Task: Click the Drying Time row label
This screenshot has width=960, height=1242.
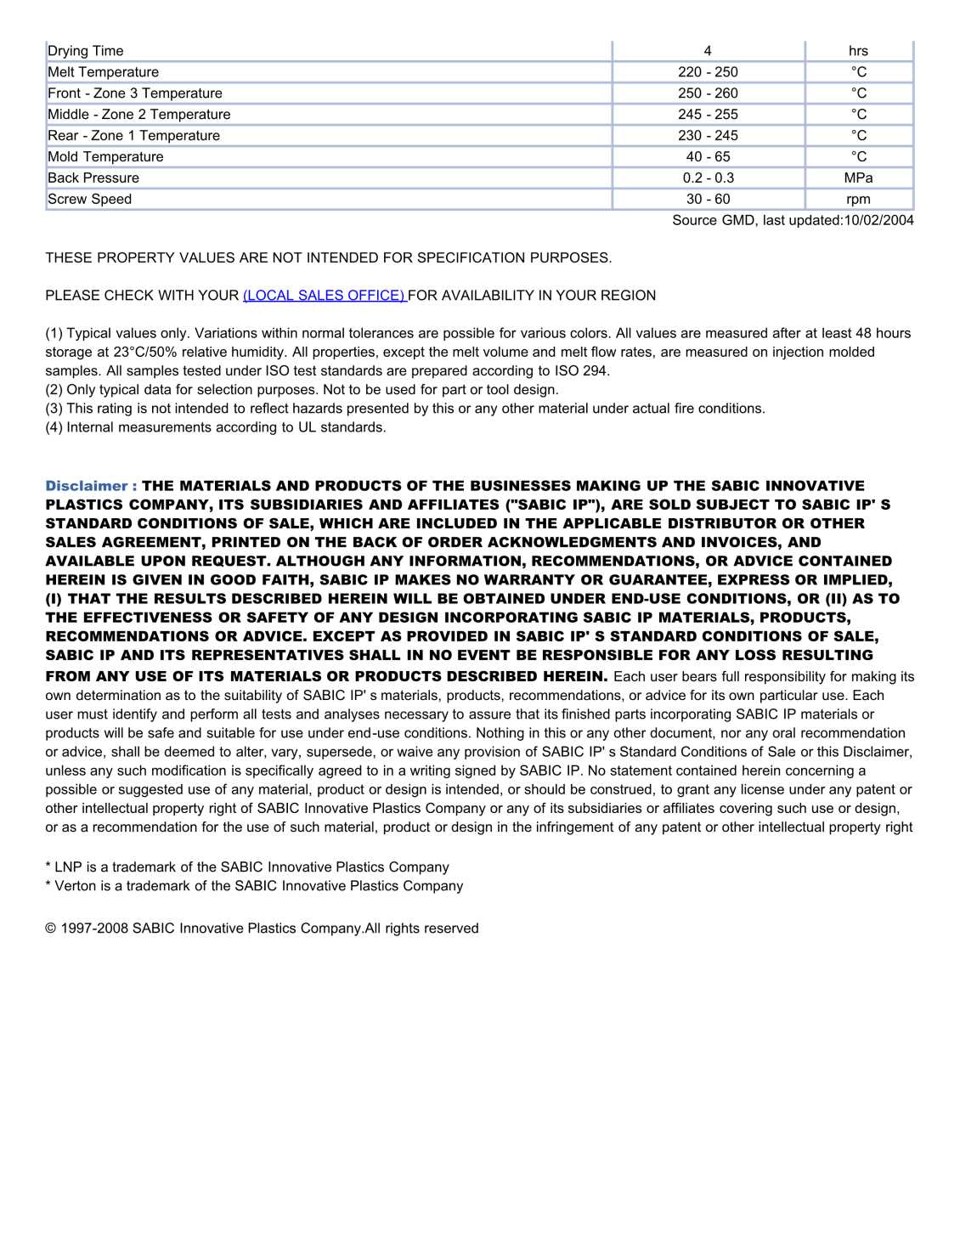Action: pyautogui.click(x=86, y=51)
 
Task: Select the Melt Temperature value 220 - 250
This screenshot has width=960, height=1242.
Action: pyautogui.click(x=708, y=72)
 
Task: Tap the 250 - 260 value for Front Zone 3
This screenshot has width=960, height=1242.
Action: pyautogui.click(x=708, y=93)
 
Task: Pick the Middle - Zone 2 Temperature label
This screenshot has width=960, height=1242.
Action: pyautogui.click(x=139, y=115)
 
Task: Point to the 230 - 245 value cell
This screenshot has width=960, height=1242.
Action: pyautogui.click(x=708, y=136)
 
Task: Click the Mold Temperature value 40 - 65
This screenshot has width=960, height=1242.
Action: pyautogui.click(x=708, y=157)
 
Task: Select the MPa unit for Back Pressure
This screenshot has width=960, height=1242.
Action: pyautogui.click(x=858, y=178)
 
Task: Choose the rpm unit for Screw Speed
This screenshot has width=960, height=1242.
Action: pyautogui.click(x=858, y=200)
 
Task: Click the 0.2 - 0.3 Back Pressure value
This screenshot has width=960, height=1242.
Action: pyautogui.click(x=708, y=178)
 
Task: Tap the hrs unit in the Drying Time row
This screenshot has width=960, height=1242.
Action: pyautogui.click(x=858, y=51)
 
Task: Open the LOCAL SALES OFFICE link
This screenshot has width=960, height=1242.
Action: pyautogui.click(x=325, y=296)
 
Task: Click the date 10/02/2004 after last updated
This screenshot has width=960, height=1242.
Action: pyautogui.click(x=878, y=221)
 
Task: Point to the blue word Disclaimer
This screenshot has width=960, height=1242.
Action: pyautogui.click(x=87, y=486)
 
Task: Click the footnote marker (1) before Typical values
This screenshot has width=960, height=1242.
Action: pyautogui.click(x=54, y=334)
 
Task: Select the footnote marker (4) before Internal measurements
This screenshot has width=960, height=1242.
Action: pyautogui.click(x=54, y=427)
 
